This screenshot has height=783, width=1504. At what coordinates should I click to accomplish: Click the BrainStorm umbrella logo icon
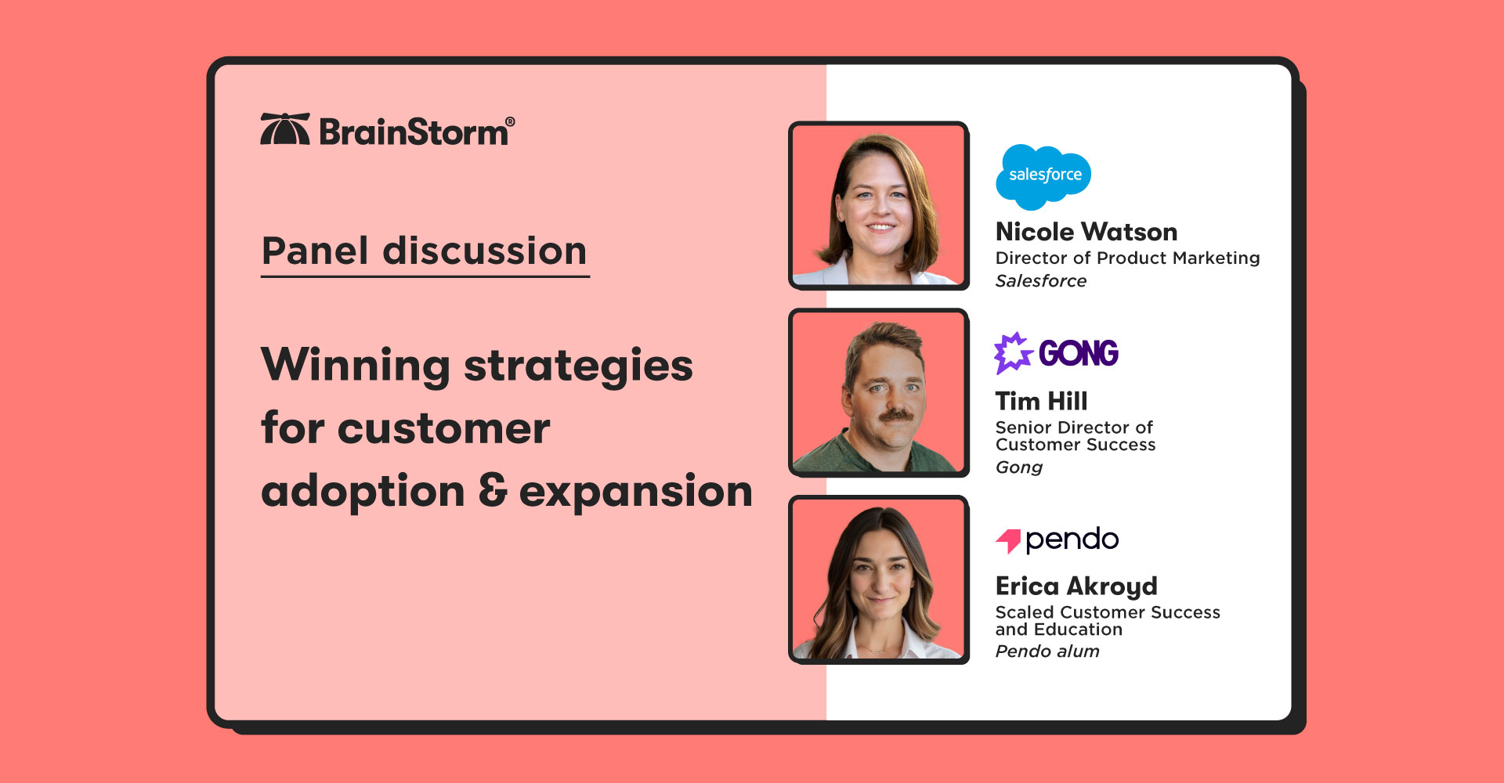click(284, 129)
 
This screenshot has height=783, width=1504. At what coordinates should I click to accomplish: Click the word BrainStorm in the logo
click(414, 132)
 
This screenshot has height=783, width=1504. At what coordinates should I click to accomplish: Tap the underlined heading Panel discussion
click(424, 251)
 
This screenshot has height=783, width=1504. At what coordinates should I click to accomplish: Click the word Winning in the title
click(355, 366)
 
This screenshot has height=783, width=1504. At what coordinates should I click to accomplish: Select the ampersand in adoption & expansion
click(493, 491)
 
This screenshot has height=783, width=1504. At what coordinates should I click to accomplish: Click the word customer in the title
click(443, 429)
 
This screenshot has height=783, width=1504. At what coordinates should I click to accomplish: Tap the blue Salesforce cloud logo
click(1043, 176)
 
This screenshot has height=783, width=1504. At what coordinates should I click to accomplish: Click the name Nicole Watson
click(1086, 232)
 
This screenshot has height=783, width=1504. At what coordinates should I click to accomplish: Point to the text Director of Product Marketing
click(1126, 258)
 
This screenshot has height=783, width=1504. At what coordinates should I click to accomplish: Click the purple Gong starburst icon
click(1012, 352)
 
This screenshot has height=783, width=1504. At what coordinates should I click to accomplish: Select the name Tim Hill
click(1040, 401)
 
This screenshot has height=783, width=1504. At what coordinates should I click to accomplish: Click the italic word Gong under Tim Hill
click(1018, 467)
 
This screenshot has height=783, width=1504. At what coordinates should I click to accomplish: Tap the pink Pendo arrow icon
click(1008, 539)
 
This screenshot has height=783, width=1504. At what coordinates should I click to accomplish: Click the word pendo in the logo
click(1071, 539)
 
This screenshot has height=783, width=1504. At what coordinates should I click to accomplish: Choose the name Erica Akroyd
click(1076, 586)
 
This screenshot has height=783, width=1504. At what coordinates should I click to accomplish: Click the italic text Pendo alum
click(1047, 651)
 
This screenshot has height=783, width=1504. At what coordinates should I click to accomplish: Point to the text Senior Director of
click(1073, 428)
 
